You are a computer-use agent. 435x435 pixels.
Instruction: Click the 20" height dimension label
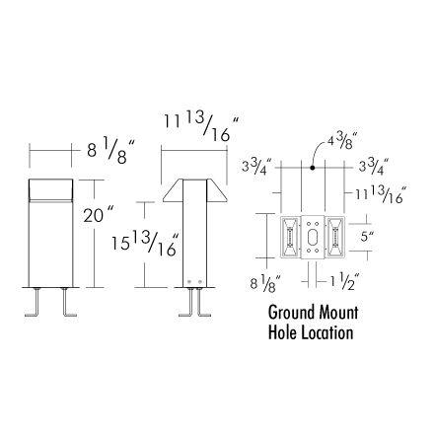98,214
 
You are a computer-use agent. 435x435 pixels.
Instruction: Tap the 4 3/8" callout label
340,142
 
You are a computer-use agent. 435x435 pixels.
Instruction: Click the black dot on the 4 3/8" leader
313,168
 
